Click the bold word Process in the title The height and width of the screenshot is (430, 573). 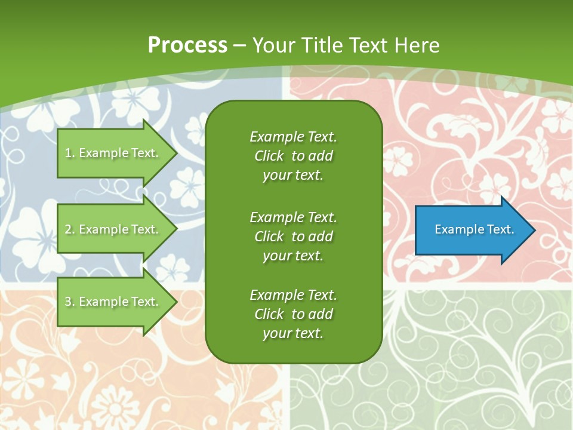187,45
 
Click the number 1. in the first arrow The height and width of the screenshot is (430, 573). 70,153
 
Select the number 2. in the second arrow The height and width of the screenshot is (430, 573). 70,229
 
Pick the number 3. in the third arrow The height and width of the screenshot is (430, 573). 70,302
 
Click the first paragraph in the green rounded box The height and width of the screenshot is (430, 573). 293,156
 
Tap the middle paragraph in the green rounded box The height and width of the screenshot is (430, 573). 293,236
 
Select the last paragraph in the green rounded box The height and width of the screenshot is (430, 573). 293,314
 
